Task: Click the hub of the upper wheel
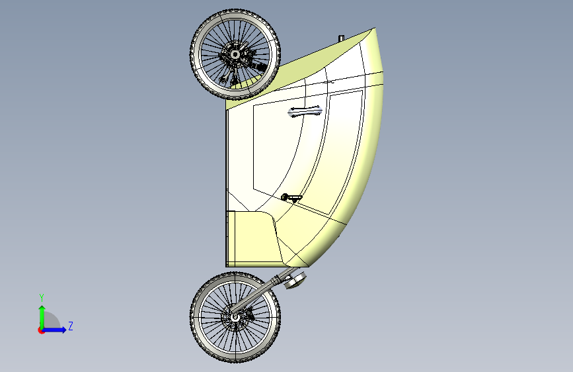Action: click(235, 53)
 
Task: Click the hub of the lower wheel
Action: click(235, 317)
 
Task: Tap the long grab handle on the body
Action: click(305, 111)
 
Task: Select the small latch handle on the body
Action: click(291, 197)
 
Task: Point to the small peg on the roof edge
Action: click(341, 38)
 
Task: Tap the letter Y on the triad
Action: click(41, 297)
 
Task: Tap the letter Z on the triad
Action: click(71, 326)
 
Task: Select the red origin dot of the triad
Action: click(41, 330)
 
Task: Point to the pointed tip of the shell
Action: click(374, 29)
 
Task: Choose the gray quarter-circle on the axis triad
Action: click(52, 322)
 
